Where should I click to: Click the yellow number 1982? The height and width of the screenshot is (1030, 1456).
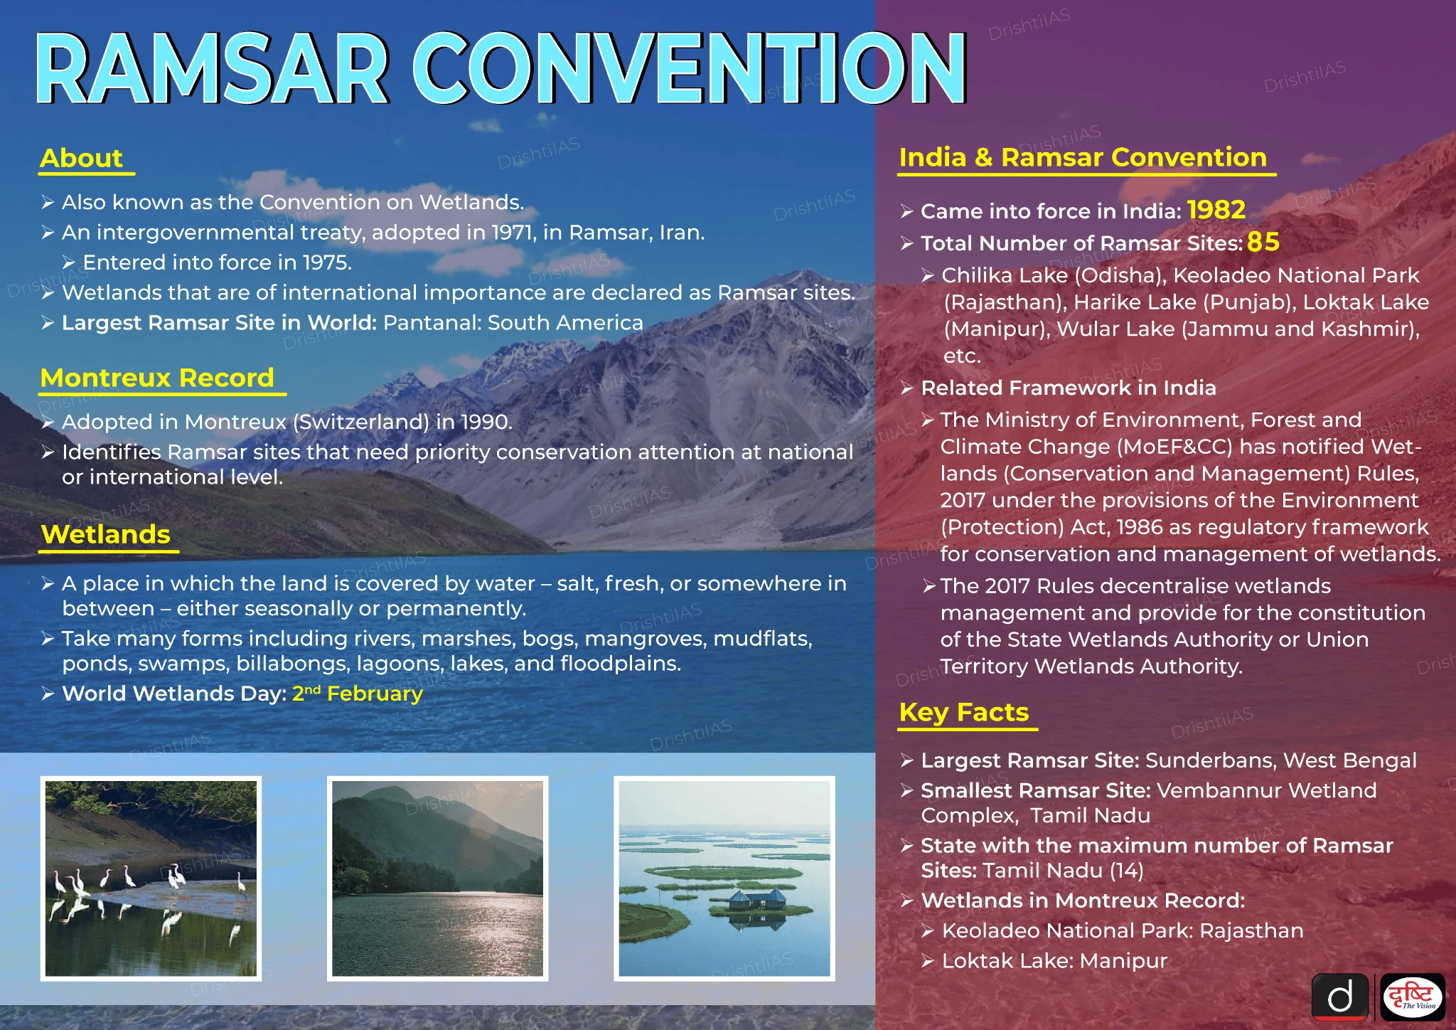(x=1216, y=210)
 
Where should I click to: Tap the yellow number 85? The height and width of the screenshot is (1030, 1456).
(x=1263, y=242)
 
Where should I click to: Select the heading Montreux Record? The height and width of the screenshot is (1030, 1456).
(x=157, y=377)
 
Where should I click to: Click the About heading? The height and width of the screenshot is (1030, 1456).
(x=82, y=158)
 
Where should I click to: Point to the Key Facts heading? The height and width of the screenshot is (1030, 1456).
(x=964, y=712)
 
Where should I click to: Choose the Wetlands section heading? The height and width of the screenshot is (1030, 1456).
(x=106, y=534)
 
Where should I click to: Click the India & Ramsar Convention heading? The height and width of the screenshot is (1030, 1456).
(x=1083, y=156)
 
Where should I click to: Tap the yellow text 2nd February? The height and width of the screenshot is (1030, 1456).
(x=358, y=693)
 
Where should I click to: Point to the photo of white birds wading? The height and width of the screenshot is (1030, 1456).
(x=151, y=878)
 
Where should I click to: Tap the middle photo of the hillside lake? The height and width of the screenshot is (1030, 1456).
(x=437, y=878)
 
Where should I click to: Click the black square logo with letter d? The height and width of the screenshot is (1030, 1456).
(x=1340, y=997)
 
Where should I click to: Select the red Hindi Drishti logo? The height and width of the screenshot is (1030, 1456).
(x=1413, y=997)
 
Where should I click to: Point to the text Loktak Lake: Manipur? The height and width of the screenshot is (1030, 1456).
(x=1054, y=961)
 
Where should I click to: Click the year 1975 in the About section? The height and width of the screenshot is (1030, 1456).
(x=325, y=262)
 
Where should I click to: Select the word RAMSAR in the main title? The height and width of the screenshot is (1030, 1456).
(x=213, y=69)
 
